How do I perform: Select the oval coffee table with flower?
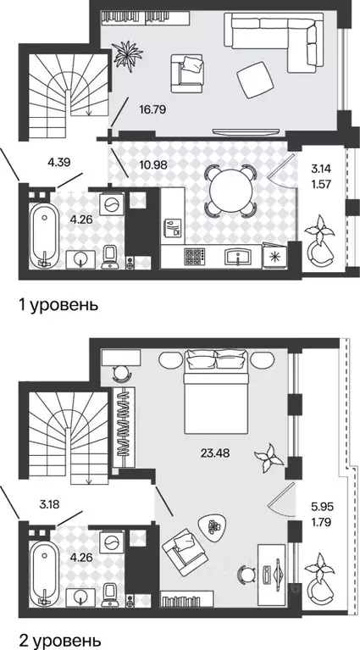(213, 526)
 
